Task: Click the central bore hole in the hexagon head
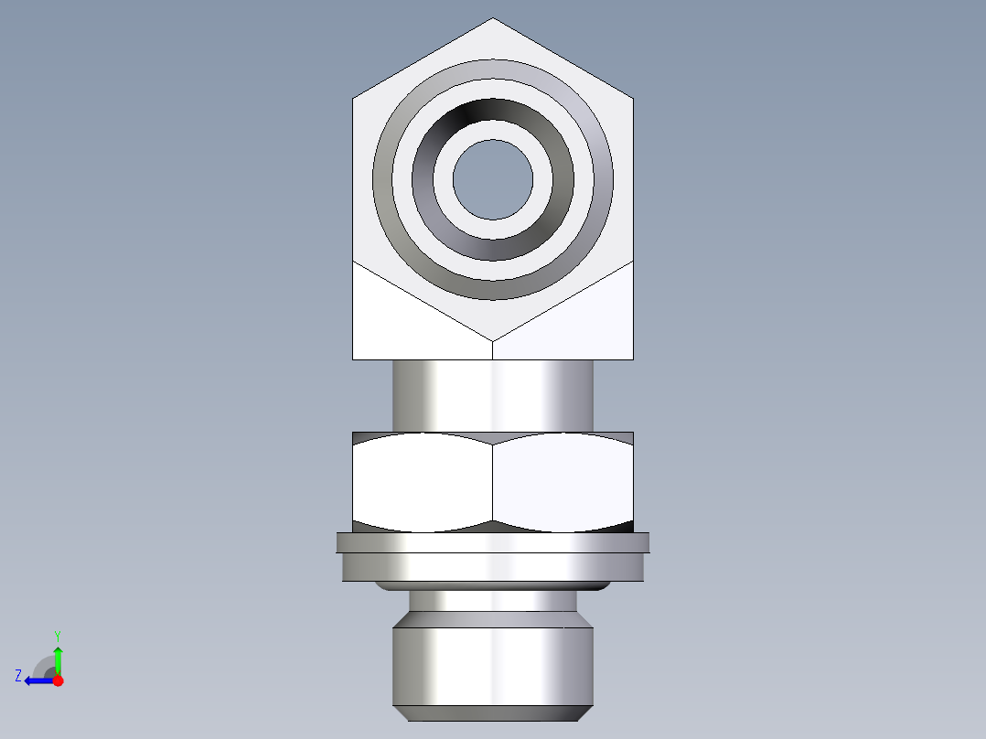click(x=493, y=179)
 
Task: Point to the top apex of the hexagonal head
click(x=493, y=19)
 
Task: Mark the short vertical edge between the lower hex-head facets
click(x=493, y=349)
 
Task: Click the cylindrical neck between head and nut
click(x=493, y=395)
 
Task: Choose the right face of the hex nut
click(x=563, y=481)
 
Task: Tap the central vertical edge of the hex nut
click(x=493, y=481)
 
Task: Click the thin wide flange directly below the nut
click(x=493, y=542)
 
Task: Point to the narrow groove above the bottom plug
click(x=493, y=601)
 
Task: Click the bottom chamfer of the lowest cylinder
click(x=493, y=713)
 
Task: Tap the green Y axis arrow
click(x=58, y=658)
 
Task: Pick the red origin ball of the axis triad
click(x=59, y=680)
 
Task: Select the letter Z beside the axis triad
click(x=18, y=676)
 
